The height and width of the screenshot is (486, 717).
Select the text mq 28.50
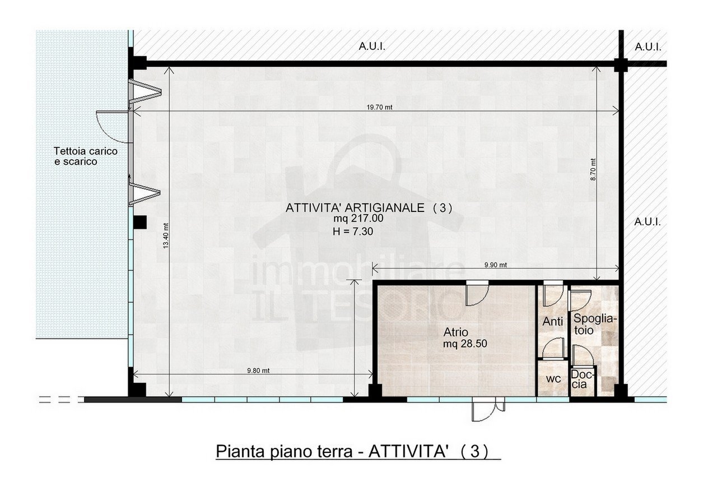[464, 344]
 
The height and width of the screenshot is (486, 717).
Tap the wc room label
[553, 379]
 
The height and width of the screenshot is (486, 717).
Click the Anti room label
[553, 322]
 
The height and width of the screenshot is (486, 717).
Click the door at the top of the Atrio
[477, 293]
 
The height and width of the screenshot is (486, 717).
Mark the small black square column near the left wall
[140, 222]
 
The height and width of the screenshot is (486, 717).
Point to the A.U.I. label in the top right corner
[648, 47]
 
